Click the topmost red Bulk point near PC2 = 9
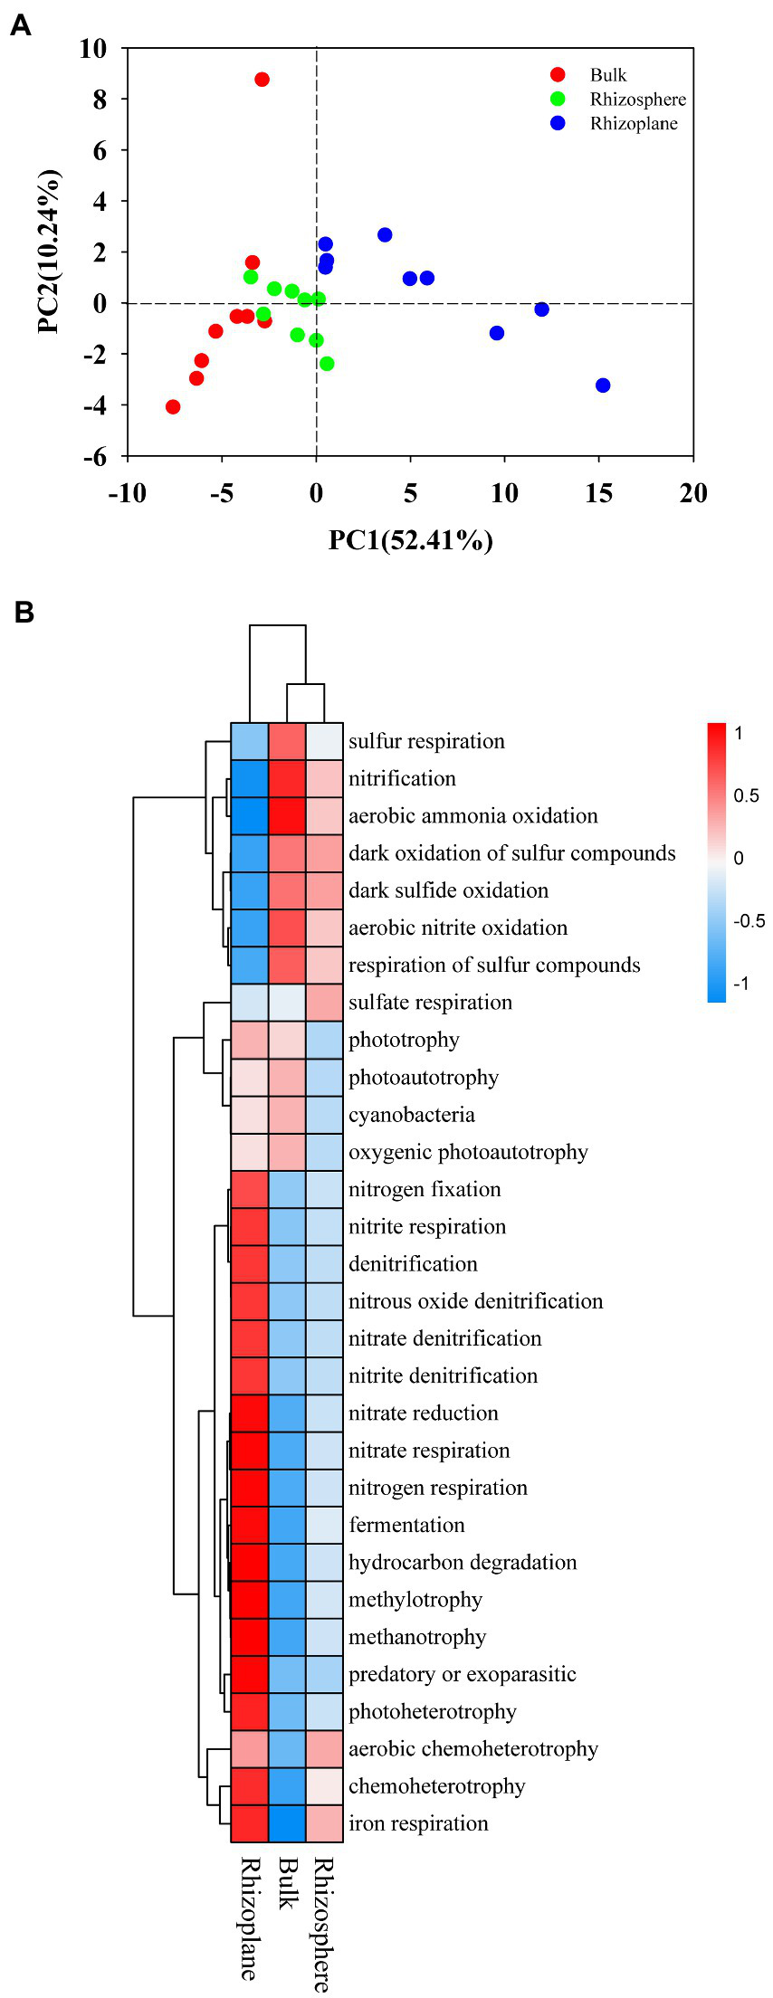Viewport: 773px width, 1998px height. tap(262, 80)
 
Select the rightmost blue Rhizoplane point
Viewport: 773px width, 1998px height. tap(603, 385)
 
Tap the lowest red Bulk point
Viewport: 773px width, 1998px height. tap(173, 407)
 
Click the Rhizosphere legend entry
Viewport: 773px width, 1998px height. tap(637, 100)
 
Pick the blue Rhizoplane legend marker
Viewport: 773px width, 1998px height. tap(558, 123)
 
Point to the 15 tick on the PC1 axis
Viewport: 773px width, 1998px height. tap(599, 493)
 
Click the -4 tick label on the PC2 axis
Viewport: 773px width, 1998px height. tap(94, 406)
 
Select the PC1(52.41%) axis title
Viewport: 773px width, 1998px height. tap(410, 540)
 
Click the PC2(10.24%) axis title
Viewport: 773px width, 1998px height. tap(50, 252)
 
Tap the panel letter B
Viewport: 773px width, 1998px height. tap(24, 613)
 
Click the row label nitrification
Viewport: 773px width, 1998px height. tap(402, 779)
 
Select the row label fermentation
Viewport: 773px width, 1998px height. tap(406, 1525)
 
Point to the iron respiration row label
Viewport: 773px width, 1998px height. tap(418, 1823)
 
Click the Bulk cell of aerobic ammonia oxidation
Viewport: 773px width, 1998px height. tap(287, 815)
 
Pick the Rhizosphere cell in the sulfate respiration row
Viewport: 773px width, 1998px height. tap(324, 1002)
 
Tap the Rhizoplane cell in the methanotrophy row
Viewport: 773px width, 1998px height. tap(249, 1636)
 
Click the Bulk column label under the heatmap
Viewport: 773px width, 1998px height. tap(287, 1884)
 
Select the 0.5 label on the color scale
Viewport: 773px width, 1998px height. tap(747, 795)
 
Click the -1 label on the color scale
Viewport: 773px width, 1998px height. tap(740, 984)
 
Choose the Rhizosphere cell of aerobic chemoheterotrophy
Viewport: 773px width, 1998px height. tap(324, 1748)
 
